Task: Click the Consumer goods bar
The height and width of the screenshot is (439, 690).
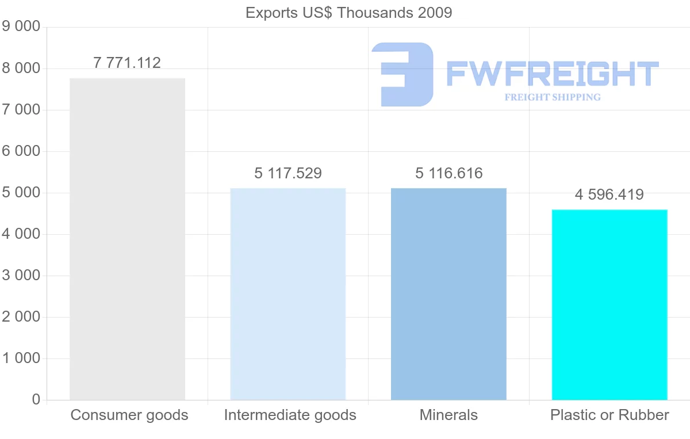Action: (127, 239)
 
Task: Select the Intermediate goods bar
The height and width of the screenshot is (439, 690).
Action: (287, 294)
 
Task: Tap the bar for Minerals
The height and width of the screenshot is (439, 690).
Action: (448, 294)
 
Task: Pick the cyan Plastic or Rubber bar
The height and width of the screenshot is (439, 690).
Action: (609, 304)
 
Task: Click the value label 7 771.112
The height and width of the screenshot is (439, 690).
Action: (127, 63)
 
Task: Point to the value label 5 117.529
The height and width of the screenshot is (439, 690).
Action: (287, 173)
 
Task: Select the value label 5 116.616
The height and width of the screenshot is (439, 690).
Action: (448, 173)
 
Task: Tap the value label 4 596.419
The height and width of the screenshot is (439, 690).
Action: (609, 194)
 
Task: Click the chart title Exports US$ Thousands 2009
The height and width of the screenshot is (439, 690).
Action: (348, 12)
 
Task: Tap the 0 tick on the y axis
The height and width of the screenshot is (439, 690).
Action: (36, 400)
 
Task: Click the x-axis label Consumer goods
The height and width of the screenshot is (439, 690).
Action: (129, 415)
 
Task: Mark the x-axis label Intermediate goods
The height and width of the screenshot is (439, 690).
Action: (290, 415)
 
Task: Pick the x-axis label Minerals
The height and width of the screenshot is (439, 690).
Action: (448, 415)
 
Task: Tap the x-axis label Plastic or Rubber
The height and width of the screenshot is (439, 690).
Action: (609, 415)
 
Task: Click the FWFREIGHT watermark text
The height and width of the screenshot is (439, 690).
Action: (552, 74)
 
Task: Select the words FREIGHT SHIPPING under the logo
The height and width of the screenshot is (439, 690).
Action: (553, 97)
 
